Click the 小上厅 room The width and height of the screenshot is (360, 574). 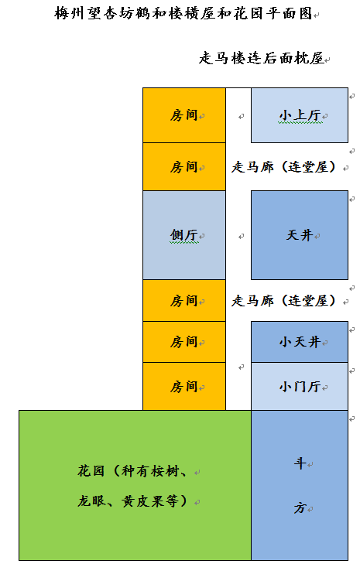(x=299, y=115)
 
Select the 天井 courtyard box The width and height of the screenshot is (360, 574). (x=299, y=235)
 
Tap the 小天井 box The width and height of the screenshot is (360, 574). (x=299, y=342)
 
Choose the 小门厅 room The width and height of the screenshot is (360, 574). (x=299, y=386)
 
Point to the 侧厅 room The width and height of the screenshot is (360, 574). (x=184, y=235)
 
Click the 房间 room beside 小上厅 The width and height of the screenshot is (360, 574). (x=184, y=115)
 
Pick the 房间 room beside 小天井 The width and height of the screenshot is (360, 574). (x=184, y=342)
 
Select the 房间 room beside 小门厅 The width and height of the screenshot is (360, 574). (x=184, y=386)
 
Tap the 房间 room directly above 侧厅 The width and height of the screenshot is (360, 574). (x=184, y=166)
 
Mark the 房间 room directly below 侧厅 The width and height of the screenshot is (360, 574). (x=184, y=301)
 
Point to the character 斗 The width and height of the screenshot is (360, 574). (x=300, y=463)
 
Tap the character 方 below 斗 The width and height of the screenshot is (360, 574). (x=300, y=507)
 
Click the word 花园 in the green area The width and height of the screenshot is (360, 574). (x=91, y=471)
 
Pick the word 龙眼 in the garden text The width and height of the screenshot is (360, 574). (x=91, y=501)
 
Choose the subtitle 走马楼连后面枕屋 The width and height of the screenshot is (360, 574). (x=262, y=58)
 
